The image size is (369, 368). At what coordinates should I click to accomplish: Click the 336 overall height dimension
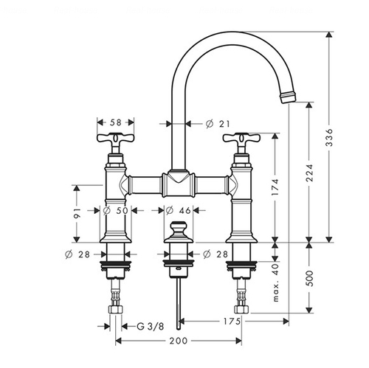329,137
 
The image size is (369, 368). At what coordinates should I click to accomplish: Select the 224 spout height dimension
309,173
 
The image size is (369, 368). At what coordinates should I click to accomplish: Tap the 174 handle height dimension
275,187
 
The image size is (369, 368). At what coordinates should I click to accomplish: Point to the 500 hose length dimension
309,278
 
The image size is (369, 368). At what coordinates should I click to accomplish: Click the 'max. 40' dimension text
276,282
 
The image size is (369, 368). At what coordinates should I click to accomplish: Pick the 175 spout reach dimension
232,321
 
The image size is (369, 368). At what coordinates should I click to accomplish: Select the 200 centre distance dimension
179,341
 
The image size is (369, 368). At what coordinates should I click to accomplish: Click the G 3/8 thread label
150,327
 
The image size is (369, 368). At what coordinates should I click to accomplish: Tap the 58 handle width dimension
116,122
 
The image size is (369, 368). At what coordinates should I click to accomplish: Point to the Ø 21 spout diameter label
218,124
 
